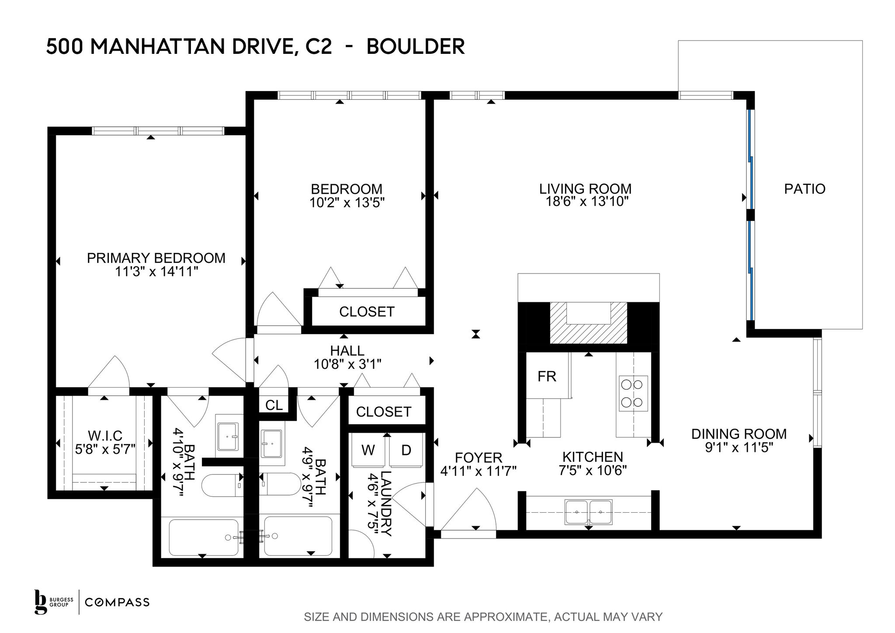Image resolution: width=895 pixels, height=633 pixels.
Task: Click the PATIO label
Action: coord(805,189)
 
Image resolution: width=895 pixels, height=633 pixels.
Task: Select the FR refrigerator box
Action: coord(547,376)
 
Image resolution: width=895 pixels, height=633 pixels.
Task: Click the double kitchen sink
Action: coord(589,512)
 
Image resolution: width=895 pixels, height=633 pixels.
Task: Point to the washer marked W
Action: coord(368,451)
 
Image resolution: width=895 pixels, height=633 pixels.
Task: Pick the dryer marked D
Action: coord(406,451)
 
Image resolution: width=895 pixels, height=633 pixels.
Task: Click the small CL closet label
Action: coord(274,405)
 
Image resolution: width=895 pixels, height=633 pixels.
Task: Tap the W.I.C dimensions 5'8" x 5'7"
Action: coord(105,449)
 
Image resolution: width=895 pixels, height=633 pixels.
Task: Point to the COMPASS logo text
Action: coord(117,602)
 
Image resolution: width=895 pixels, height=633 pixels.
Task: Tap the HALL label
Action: coord(347,350)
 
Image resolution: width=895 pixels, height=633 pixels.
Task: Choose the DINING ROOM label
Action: coord(739,434)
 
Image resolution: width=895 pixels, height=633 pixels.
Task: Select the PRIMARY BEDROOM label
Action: coord(156,258)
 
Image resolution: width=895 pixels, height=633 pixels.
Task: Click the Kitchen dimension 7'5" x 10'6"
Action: coord(593,470)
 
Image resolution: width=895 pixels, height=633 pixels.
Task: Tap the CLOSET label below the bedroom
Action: coord(367,311)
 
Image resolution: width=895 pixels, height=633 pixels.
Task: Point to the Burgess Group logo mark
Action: coord(41,602)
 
